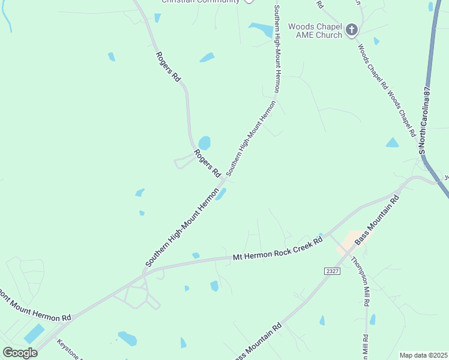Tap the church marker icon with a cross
[352, 29]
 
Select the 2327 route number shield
[332, 272]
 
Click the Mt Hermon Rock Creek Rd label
[277, 248]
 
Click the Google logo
[20, 352]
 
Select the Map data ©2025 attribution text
[423, 355]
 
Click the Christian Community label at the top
[200, 2]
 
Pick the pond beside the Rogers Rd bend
[204, 143]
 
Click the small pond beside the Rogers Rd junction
[221, 194]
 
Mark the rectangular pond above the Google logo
[34, 334]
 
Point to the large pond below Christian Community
[262, 30]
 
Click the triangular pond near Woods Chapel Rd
[392, 143]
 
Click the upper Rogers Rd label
[167, 67]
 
